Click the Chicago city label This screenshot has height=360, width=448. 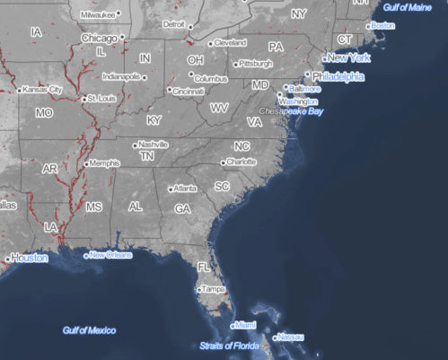click(x=99, y=39)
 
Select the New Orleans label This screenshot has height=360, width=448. click(x=110, y=255)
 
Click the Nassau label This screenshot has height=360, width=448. click(x=290, y=337)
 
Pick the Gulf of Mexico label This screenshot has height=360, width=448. click(x=89, y=330)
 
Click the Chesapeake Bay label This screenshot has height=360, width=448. click(x=293, y=110)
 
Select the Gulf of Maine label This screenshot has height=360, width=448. click(x=413, y=7)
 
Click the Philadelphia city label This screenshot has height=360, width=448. click(x=338, y=77)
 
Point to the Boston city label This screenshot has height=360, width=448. click(x=383, y=25)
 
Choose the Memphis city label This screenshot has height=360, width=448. click(x=101, y=163)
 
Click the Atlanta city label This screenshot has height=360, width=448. click(x=186, y=189)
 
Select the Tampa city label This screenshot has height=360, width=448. click(x=214, y=290)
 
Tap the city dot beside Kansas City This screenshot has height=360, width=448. click(x=20, y=90)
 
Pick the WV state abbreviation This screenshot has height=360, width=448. click(x=219, y=107)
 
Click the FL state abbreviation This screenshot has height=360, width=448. click(x=204, y=268)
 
